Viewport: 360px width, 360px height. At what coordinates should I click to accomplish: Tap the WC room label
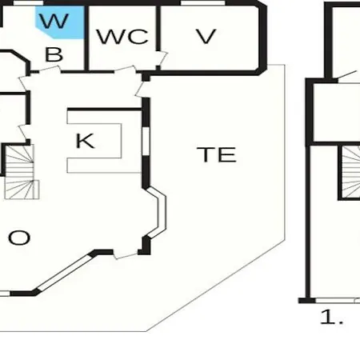pyautogui.click(x=122, y=36)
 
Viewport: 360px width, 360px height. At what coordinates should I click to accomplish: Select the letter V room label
pyautogui.click(x=206, y=36)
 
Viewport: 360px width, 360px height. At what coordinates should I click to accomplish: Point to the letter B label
pyautogui.click(x=54, y=54)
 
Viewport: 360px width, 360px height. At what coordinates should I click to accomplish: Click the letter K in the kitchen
pyautogui.click(x=85, y=141)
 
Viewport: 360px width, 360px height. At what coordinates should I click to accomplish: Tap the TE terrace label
pyautogui.click(x=217, y=154)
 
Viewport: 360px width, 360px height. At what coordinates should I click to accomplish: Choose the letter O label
pyautogui.click(x=19, y=238)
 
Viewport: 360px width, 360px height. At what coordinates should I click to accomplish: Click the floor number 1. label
pyautogui.click(x=331, y=317)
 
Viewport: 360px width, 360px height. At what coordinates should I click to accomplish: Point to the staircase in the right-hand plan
pyautogui.click(x=350, y=172)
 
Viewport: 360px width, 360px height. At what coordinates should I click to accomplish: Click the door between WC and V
pyautogui.click(x=162, y=58)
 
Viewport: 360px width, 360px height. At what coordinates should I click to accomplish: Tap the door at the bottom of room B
pyautogui.click(x=50, y=70)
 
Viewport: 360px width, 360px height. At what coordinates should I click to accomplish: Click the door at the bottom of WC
pyautogui.click(x=125, y=70)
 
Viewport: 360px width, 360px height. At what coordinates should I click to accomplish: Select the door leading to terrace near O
pyautogui.click(x=126, y=254)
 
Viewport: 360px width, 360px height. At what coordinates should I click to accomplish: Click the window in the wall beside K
pyautogui.click(x=146, y=141)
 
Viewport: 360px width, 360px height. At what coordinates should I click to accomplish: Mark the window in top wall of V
pyautogui.click(x=203, y=2)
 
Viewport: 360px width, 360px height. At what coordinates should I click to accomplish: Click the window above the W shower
pyautogui.click(x=28, y=2)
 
